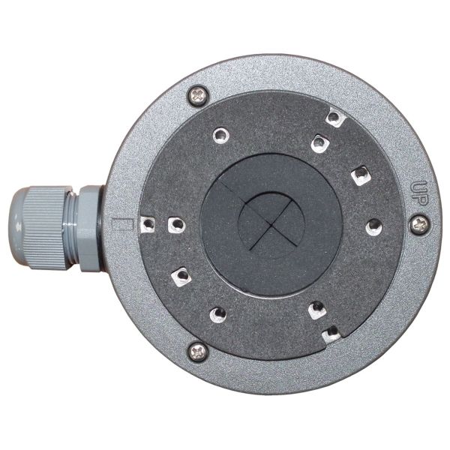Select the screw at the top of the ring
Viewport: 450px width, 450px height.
pos(197,94)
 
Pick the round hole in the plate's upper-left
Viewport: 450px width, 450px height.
pos(220,135)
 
